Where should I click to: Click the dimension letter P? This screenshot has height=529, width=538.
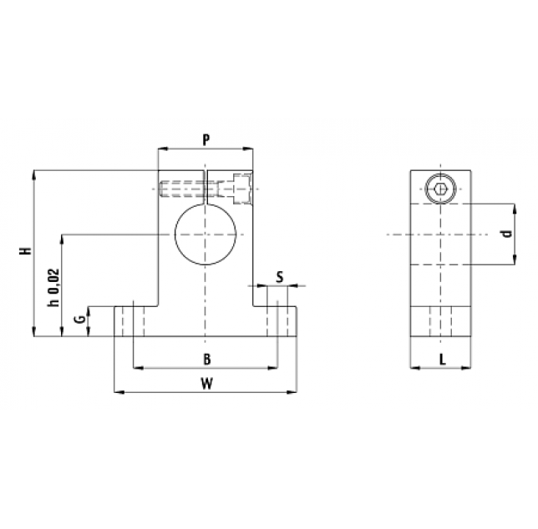pyautogui.click(x=206, y=140)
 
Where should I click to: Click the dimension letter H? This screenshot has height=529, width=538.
pyautogui.click(x=26, y=250)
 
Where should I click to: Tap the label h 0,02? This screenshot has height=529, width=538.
pyautogui.click(x=53, y=287)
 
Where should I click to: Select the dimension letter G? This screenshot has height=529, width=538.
pyautogui.click(x=80, y=320)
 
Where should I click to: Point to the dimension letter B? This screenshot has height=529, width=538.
pyautogui.click(x=206, y=359)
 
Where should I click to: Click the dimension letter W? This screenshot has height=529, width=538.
pyautogui.click(x=206, y=384)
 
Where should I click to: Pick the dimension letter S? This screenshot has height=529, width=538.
pyautogui.click(x=280, y=277)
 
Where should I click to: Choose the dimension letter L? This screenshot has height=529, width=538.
pyautogui.click(x=443, y=359)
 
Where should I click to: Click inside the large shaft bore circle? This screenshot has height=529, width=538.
pyautogui.click(x=206, y=234)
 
